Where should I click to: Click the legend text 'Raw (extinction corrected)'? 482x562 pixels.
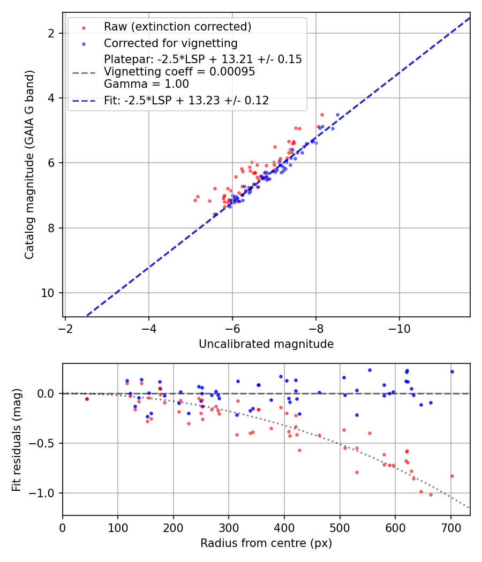tap(177, 27)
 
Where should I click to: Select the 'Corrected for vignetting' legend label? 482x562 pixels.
tap(171, 43)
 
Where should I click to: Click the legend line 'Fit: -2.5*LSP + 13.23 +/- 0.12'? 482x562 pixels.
tap(186, 101)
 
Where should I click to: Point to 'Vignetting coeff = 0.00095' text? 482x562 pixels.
tap(179, 72)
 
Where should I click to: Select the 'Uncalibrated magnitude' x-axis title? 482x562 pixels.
tap(266, 344)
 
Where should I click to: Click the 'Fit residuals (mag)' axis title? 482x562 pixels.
tap(17, 439)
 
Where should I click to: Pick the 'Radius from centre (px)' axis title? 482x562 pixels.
tap(266, 543)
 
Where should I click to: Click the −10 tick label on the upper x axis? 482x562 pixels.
tap(399, 328)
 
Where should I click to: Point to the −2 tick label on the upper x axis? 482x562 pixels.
tap(65, 328)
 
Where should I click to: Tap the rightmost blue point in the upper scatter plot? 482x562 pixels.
tap(337, 115)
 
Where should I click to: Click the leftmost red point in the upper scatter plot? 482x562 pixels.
tap(195, 200)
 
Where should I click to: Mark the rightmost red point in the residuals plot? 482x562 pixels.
tap(452, 476)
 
